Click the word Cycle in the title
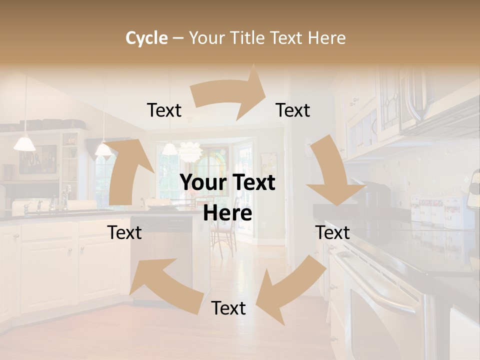click(146, 38)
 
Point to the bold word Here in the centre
click(227, 213)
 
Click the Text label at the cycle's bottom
click(228, 308)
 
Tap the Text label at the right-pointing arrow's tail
click(164, 110)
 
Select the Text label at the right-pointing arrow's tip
click(293, 110)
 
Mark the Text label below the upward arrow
click(124, 232)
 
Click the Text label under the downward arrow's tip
click(332, 232)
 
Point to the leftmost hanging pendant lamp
click(24, 143)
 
